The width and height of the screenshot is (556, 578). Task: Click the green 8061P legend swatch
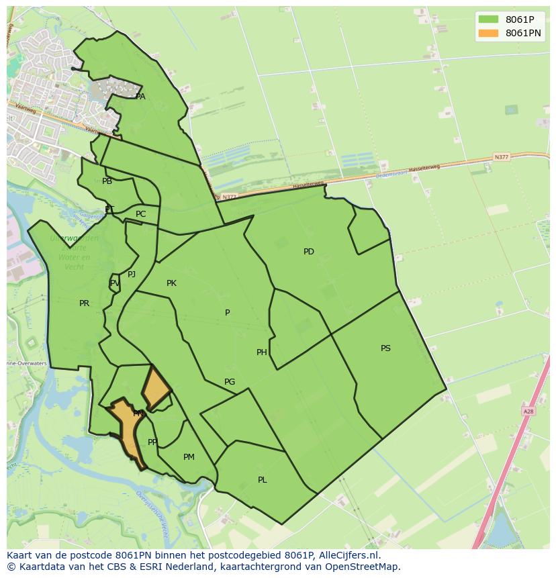[488, 19]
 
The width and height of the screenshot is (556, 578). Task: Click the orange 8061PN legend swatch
[488, 33]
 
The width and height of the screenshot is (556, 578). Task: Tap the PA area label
[140, 97]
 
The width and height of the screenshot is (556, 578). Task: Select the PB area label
[107, 181]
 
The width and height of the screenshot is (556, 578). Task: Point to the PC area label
[140, 214]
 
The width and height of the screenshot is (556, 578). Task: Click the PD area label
[308, 252]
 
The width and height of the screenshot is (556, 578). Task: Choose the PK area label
[171, 283]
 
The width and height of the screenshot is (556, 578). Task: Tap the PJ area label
[132, 274]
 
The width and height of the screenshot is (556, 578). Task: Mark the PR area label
[84, 303]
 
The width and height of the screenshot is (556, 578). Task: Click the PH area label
[262, 352]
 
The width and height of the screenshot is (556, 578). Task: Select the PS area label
[385, 348]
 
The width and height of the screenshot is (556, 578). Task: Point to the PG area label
[230, 382]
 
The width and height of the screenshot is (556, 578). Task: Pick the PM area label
[189, 457]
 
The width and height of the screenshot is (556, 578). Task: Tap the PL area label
[263, 480]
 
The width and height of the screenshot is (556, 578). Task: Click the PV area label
[115, 283]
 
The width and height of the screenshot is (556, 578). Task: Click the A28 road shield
[528, 410]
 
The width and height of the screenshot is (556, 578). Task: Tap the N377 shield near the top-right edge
[501, 157]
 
